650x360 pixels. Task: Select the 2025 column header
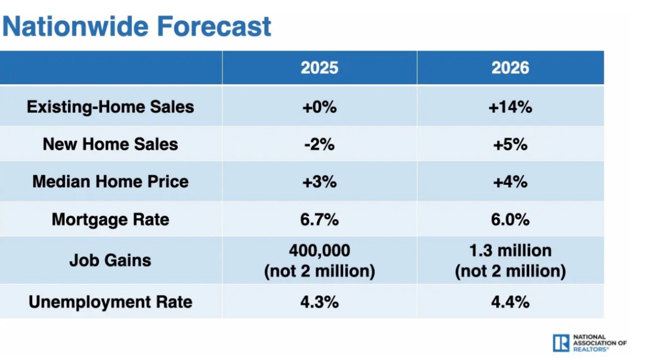(x=319, y=68)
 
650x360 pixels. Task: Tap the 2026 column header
(x=510, y=68)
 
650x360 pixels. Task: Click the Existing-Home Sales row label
(x=110, y=107)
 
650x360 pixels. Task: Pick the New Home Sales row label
(x=110, y=144)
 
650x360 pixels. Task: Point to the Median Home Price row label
(x=110, y=181)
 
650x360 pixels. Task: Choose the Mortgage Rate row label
(x=110, y=219)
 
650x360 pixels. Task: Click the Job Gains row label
(x=110, y=260)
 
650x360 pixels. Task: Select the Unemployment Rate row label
(x=110, y=302)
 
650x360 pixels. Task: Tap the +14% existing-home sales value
(x=510, y=107)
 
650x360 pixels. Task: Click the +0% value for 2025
(x=319, y=107)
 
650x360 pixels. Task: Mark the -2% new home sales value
(x=319, y=144)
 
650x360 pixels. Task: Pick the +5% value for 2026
(x=510, y=144)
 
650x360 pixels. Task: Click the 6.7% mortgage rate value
(x=319, y=219)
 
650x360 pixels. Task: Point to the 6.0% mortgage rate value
(x=510, y=219)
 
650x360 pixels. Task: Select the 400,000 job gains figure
(x=319, y=250)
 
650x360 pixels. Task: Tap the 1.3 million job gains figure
(x=510, y=250)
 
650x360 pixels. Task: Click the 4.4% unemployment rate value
(x=510, y=302)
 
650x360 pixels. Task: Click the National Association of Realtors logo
(x=589, y=343)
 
